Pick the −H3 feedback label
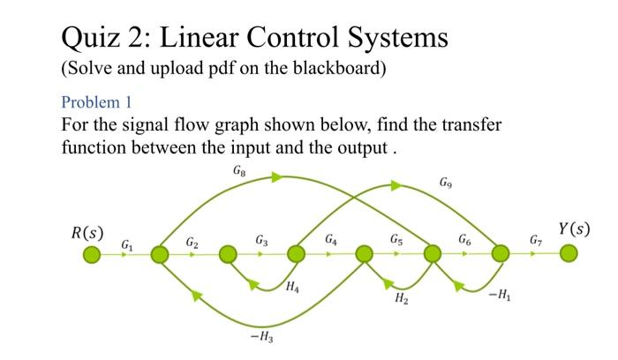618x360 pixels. pyautogui.click(x=262, y=338)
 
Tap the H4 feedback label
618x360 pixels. pyautogui.click(x=293, y=288)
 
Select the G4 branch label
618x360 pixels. pyautogui.click(x=330, y=238)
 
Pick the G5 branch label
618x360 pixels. pyautogui.click(x=397, y=238)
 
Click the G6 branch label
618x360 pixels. pyautogui.click(x=465, y=238)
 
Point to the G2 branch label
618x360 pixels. pyautogui.click(x=192, y=241)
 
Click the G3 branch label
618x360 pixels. pyautogui.click(x=261, y=239)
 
